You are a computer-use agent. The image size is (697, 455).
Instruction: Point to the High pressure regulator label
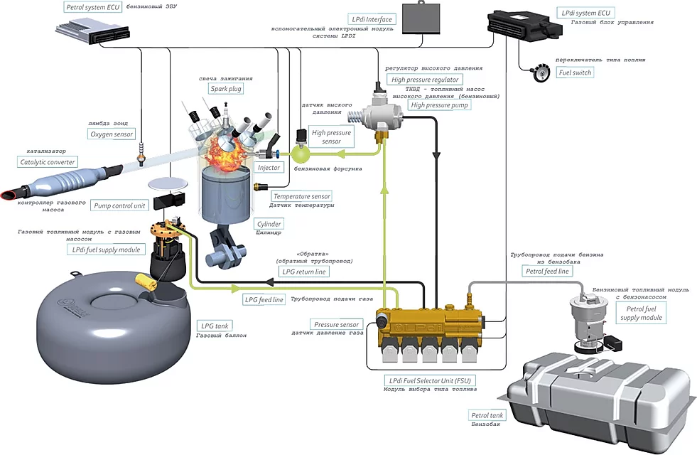tap(426, 80)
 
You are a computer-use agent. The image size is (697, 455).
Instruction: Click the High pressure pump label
tap(440, 105)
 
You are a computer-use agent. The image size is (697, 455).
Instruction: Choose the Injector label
tap(269, 168)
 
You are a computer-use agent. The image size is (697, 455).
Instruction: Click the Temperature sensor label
tap(302, 196)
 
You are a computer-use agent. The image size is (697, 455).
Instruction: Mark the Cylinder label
tap(269, 224)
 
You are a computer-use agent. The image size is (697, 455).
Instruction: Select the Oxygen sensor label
tap(112, 134)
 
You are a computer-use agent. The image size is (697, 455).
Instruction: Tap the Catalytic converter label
tap(48, 162)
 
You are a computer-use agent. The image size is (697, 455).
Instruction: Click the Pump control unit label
tap(119, 205)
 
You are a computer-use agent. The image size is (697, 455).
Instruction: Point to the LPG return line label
tap(304, 272)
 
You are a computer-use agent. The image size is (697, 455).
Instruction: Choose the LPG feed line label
tap(264, 300)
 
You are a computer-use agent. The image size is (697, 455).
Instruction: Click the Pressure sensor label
tap(337, 324)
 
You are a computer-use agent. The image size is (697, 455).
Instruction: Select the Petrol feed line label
tap(546, 271)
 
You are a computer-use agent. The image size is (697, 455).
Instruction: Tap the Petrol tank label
tap(487, 415)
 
